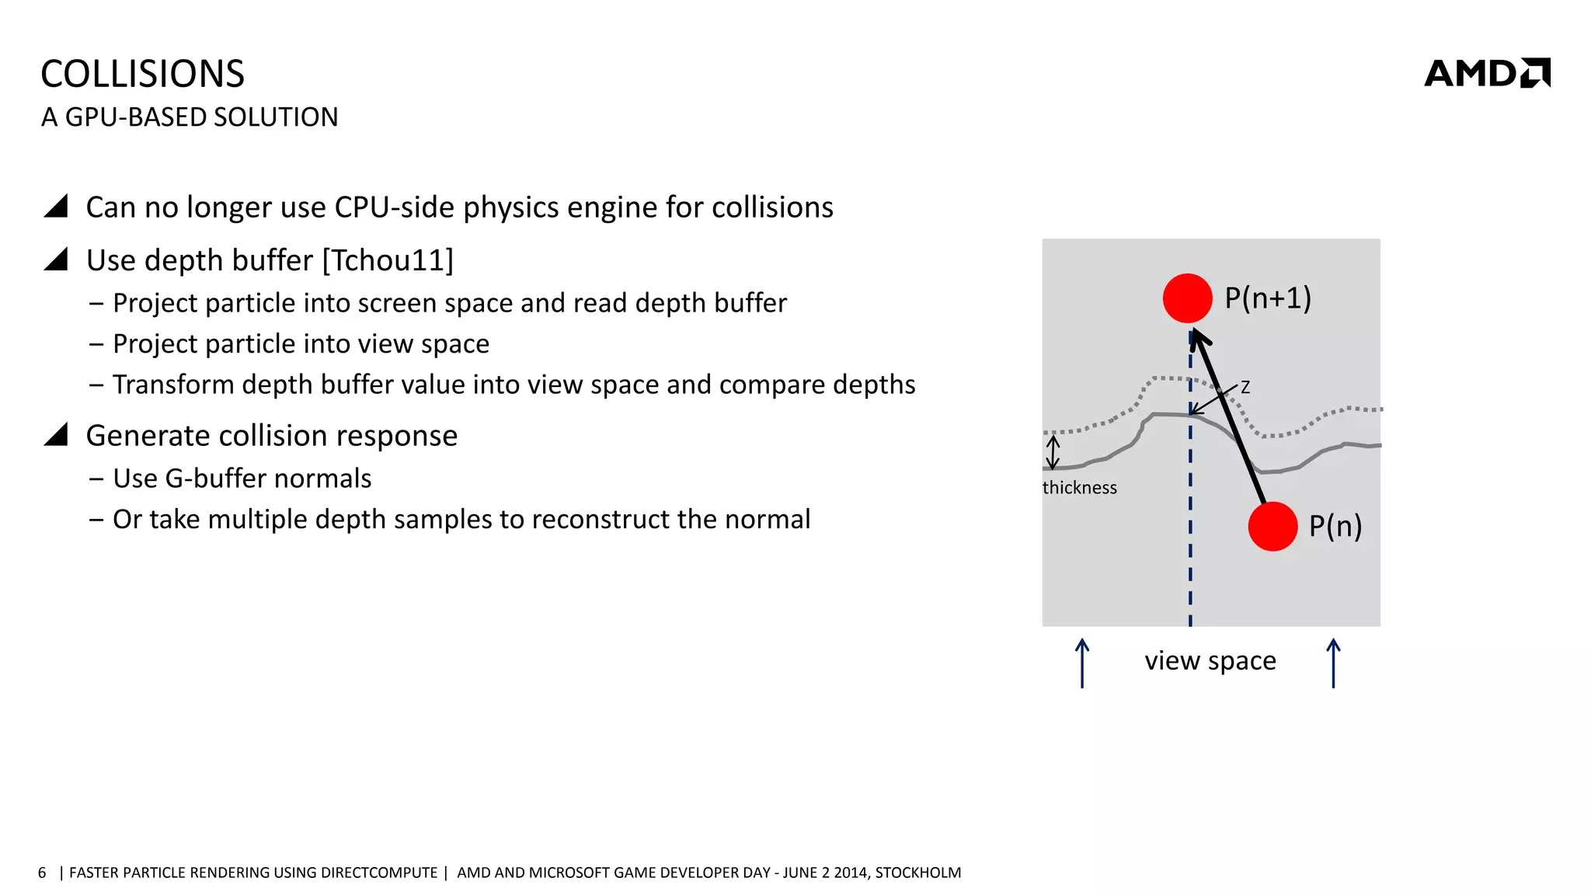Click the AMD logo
[x=1487, y=73]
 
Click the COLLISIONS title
[x=142, y=75]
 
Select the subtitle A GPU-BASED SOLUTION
[x=190, y=117]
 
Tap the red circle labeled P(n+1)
[x=1187, y=298]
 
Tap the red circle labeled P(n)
[x=1272, y=527]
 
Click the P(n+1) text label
[x=1268, y=298]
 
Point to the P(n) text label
[x=1335, y=527]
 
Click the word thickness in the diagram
[x=1079, y=488]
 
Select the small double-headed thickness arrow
[x=1053, y=452]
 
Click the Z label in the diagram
[x=1245, y=387]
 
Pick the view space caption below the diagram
[x=1210, y=660]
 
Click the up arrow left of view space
[x=1082, y=663]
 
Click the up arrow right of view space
[x=1333, y=663]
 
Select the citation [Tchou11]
[x=388, y=260]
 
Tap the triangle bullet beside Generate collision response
[x=57, y=434]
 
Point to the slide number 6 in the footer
[x=42, y=872]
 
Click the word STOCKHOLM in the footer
[x=918, y=872]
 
